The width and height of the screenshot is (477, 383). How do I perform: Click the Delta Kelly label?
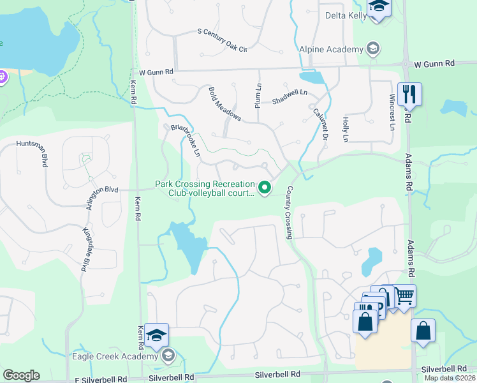coord(344,15)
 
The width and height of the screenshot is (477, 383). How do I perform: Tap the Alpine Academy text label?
coord(331,49)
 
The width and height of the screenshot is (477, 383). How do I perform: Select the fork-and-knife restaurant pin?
coord(409,95)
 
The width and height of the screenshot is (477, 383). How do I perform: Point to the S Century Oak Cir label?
coord(221,39)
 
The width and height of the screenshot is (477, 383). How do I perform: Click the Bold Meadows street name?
coord(224,104)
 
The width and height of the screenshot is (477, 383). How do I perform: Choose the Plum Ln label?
coord(258,96)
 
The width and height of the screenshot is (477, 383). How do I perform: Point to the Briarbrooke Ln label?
coord(186,140)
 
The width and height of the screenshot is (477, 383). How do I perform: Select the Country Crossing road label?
coord(290,213)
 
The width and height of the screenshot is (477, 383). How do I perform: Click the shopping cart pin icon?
coord(404,296)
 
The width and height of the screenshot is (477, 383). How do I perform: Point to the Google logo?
coord(21,375)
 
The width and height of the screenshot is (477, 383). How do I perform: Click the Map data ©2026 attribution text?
coord(449,378)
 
